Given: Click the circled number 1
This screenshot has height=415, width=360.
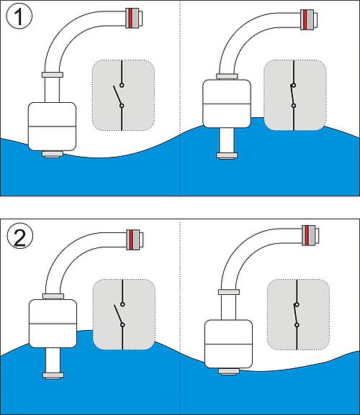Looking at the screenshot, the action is [19, 17].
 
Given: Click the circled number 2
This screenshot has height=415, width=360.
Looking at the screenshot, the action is [20, 237].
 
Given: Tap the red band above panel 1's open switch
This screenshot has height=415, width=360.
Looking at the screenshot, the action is [130, 18].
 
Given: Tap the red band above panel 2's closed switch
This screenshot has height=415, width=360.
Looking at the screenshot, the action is [307, 235].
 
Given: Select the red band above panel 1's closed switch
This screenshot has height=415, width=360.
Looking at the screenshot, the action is [305, 19].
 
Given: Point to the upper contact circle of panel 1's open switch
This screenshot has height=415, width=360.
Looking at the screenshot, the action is [122, 85].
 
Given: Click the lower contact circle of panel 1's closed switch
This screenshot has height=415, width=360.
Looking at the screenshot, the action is [294, 106].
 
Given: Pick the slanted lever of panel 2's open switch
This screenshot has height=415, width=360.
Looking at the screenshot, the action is [118, 315].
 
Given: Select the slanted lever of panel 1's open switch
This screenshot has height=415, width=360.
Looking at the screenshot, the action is [117, 96].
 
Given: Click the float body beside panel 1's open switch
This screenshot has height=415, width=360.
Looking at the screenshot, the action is [52, 127].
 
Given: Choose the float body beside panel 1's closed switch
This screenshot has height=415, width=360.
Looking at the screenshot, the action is [227, 104].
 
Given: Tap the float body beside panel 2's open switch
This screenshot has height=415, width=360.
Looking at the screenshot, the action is [53, 324].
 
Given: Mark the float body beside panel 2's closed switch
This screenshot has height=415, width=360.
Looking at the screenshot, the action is [229, 344].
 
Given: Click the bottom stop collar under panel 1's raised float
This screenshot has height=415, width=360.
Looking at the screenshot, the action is [227, 155].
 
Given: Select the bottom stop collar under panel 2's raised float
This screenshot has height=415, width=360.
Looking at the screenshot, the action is [53, 375].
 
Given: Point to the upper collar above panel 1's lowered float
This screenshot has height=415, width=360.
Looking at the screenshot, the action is [53, 75].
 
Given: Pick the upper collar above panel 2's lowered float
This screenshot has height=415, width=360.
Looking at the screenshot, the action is [229, 292].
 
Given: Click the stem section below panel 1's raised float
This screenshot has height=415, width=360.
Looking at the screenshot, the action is [227, 140].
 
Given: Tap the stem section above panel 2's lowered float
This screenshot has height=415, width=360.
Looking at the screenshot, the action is [229, 307].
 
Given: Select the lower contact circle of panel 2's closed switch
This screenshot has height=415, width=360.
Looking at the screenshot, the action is [297, 325].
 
